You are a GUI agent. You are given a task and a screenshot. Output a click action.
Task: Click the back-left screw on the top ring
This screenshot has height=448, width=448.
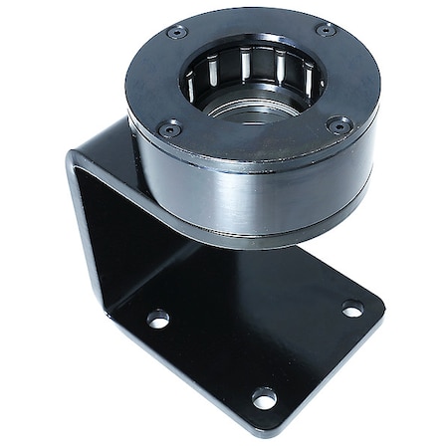click(x=177, y=33)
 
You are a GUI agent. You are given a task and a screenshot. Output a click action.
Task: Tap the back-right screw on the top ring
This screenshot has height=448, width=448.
click(x=326, y=30)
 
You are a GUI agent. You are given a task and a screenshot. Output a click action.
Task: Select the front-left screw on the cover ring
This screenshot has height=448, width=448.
click(x=170, y=127)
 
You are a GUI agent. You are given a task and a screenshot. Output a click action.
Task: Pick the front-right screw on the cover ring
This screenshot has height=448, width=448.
click(x=339, y=125)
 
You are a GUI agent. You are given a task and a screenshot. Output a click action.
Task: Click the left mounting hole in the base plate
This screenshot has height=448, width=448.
click(x=157, y=319)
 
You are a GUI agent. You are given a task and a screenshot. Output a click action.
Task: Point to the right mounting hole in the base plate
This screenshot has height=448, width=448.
click(x=352, y=309)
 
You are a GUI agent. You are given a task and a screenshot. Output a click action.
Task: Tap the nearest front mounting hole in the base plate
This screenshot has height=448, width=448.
click(x=263, y=397)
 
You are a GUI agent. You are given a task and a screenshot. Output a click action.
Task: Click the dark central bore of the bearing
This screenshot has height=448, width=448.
click(x=254, y=100)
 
